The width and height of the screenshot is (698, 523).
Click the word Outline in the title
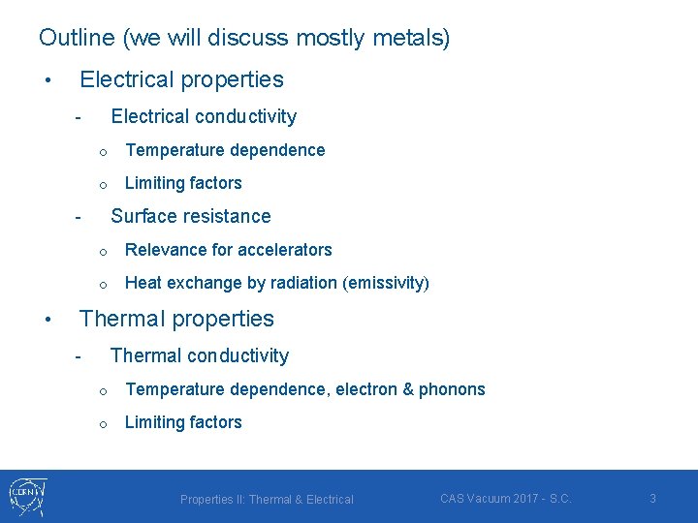pyautogui.click(x=77, y=38)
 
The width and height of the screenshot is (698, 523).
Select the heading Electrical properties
pyautogui.click(x=181, y=79)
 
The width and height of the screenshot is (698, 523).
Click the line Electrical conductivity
pyautogui.click(x=204, y=116)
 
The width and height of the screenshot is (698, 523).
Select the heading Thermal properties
pyautogui.click(x=176, y=319)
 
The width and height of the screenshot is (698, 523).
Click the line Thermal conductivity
pyautogui.click(x=200, y=355)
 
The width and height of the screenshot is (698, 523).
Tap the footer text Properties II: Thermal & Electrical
pyautogui.click(x=267, y=500)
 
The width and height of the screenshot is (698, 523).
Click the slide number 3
pyautogui.click(x=652, y=499)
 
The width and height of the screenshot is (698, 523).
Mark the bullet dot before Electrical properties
pyautogui.click(x=47, y=80)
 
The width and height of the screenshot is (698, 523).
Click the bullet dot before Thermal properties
pyautogui.click(x=47, y=320)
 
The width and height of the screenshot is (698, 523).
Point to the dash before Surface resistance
pyautogui.click(x=78, y=217)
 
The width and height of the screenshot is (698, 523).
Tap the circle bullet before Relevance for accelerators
pyautogui.click(x=100, y=251)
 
